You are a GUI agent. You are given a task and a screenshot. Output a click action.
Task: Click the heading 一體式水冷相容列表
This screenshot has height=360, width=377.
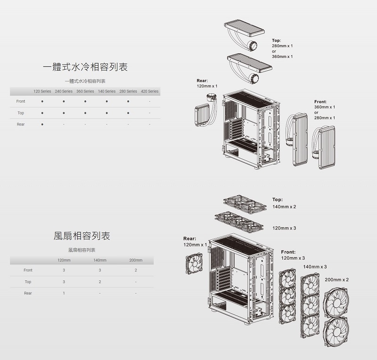pos(85,67)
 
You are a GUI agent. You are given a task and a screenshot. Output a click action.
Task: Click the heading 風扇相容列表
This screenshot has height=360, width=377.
pos(82,235)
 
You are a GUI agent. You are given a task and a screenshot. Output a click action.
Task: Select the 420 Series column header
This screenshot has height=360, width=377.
pos(149,91)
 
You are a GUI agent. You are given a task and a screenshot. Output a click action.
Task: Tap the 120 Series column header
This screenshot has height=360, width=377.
pos(42,91)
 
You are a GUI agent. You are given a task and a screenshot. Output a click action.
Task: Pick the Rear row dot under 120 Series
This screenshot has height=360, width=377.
pos(42,124)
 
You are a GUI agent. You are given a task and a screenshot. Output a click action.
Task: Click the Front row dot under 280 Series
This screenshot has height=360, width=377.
pos(128,101)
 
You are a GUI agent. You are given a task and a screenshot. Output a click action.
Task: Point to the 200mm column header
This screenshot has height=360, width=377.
pos(136,260)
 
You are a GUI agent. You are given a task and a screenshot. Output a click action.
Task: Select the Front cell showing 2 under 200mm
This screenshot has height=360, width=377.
pos(136,270)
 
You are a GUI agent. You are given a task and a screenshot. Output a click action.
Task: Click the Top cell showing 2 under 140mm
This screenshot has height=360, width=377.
pos(100,282)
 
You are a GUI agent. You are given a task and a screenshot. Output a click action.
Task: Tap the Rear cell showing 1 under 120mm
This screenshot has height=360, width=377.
pos(64,293)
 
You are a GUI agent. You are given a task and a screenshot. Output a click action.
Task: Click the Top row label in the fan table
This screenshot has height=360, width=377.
pos(28,282)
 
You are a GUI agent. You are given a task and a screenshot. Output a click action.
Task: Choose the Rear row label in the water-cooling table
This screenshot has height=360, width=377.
pos(21,124)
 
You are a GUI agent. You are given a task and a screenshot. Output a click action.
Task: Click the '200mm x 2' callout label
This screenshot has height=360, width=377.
pos(336,279)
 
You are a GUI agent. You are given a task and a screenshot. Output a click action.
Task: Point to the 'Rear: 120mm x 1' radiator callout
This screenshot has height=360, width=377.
pos(207,83)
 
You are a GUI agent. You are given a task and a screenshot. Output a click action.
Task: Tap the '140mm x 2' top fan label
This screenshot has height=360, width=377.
pos(284,207)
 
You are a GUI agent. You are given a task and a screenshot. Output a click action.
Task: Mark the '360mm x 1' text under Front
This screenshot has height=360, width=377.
pos(325,107)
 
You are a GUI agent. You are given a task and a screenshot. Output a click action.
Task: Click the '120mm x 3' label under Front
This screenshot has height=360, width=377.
pos(293,258)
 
